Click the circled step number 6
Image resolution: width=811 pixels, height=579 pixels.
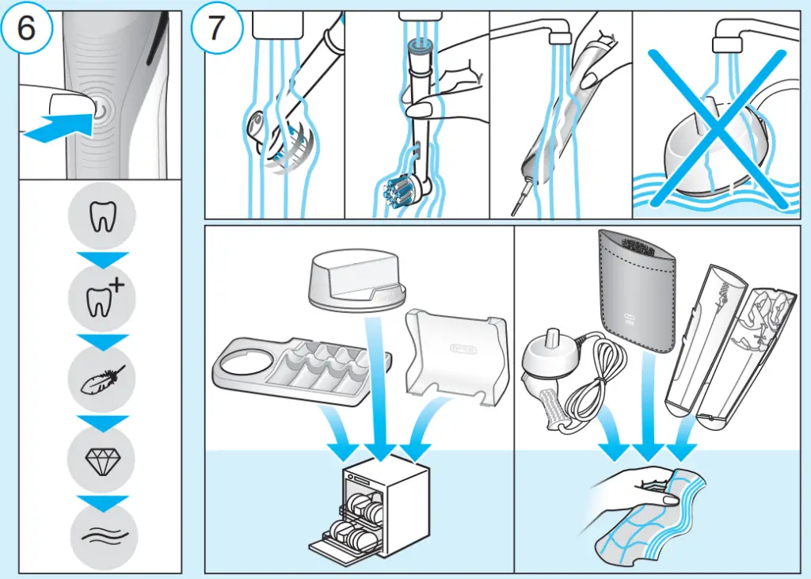click(x=26, y=30)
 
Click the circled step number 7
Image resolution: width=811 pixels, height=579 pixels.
click(x=215, y=30)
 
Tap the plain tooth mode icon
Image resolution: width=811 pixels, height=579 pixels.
click(x=102, y=216)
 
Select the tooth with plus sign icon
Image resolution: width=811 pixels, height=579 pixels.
click(x=102, y=298)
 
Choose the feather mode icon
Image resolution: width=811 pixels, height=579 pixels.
click(x=102, y=379)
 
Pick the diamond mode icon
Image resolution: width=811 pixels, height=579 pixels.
click(x=102, y=459)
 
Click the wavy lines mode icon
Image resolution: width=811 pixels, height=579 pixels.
click(x=102, y=538)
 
